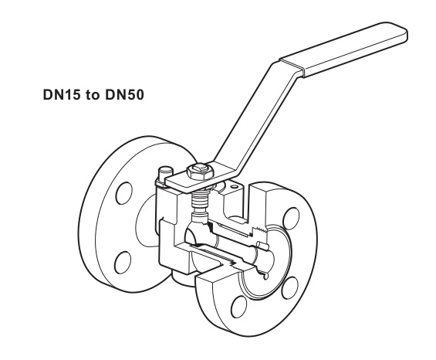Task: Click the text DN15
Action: coord(62,95)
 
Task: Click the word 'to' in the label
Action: coord(93,95)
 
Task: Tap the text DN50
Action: coord(124,95)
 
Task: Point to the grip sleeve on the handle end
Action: coord(343,49)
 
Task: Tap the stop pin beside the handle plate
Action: coord(166,174)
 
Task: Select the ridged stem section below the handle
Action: coord(200,201)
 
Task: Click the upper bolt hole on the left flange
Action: coord(124,193)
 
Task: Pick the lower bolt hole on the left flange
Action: coord(123,263)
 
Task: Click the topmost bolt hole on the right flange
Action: coord(292,219)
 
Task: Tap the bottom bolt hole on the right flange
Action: coord(239,307)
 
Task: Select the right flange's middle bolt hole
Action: coord(289,288)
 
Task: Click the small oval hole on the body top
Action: coord(235,186)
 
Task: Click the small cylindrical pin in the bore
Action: coord(263,245)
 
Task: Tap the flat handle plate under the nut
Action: coord(200,179)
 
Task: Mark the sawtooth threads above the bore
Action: coord(259,229)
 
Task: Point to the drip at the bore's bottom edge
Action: coord(265,276)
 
